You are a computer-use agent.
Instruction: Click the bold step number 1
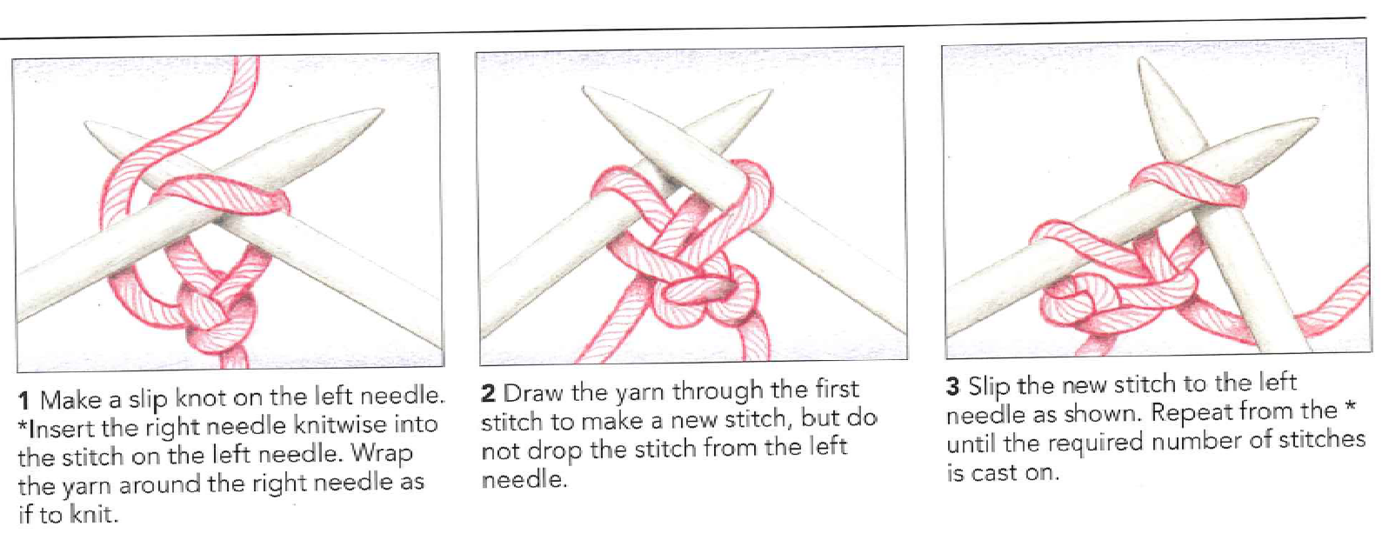click(24, 402)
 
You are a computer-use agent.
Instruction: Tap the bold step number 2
click(488, 393)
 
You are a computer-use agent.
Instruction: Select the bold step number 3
click(952, 387)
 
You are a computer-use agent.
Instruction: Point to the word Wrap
click(381, 456)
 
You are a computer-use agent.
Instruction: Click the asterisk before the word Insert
click(23, 424)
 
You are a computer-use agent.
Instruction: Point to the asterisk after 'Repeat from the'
click(1350, 407)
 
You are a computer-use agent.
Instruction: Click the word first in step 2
click(837, 389)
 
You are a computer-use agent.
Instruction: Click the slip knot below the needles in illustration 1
click(216, 309)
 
